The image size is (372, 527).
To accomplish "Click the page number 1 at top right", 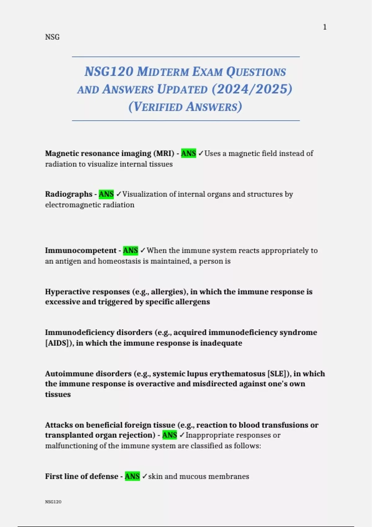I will click(x=325, y=27).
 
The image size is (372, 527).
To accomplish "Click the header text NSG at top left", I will click(x=52, y=37).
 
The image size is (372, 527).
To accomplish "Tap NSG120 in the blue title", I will click(x=109, y=72).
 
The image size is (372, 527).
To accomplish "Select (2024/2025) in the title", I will click(x=252, y=89).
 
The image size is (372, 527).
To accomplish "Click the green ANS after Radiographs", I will click(x=106, y=194).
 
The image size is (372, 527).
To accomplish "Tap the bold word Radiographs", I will click(x=69, y=194).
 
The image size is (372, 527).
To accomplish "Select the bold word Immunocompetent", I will click(x=81, y=250).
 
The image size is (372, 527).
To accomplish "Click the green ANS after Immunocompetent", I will click(x=131, y=250).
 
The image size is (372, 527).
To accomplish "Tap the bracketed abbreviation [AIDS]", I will click(x=59, y=343).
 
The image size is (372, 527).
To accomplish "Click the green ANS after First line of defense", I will click(x=132, y=476).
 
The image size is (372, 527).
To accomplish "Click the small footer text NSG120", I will click(x=53, y=502).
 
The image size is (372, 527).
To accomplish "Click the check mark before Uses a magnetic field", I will click(x=201, y=153).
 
